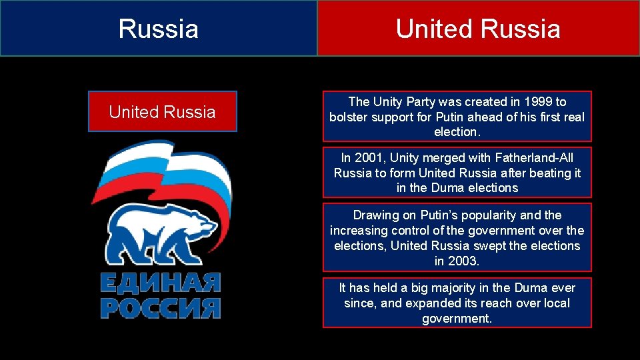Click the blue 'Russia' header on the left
pos(159,29)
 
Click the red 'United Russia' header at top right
pos(478,29)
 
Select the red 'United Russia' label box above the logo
pos(162,112)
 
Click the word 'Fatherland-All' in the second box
pos(533,157)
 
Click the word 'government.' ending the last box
pos(457,319)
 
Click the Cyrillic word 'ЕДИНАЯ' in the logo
pos(160,283)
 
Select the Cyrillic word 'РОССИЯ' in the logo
pos(160,307)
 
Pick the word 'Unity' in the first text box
pos(388,102)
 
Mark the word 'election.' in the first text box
pos(457,132)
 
